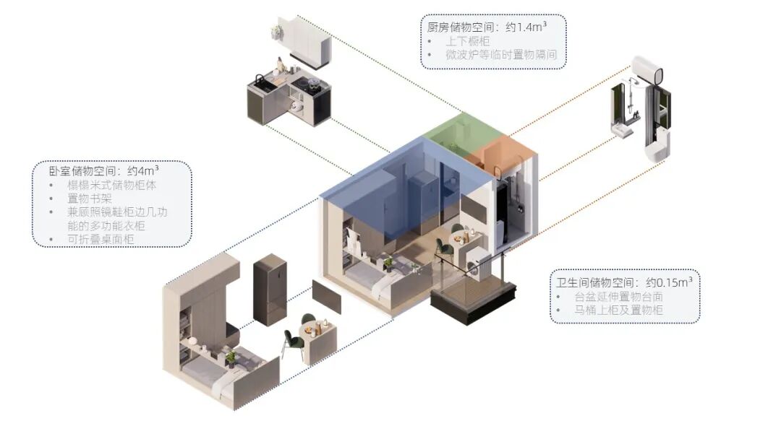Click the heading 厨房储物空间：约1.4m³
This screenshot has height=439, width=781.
pyautogui.click(x=485, y=27)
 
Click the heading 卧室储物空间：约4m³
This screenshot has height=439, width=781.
pyautogui.click(x=104, y=171)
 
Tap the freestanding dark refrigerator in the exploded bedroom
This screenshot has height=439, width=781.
pyautogui.click(x=270, y=289)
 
